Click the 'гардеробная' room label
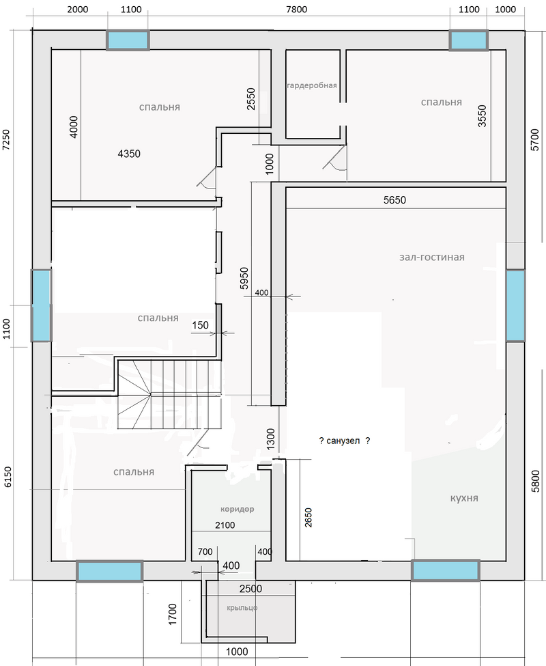tap(312, 85)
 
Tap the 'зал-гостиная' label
tap(432, 257)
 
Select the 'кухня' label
tap(464, 498)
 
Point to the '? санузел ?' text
tap(344, 441)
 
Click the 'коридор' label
tap(237, 509)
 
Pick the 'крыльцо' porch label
tap(242, 608)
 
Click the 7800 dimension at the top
tap(296, 10)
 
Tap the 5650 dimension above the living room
tap(394, 199)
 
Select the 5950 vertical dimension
tap(244, 278)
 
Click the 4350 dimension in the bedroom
tap(129, 154)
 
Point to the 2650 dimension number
tap(308, 517)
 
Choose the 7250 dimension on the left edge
tap(6, 140)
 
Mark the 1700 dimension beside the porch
tap(172, 614)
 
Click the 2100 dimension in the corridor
tap(225, 525)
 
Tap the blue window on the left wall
tap(41, 305)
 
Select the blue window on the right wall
tap(515, 305)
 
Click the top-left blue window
tap(128, 40)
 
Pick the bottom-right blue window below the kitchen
tap(446, 570)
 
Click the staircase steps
tap(170, 394)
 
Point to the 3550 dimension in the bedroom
tap(483, 116)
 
